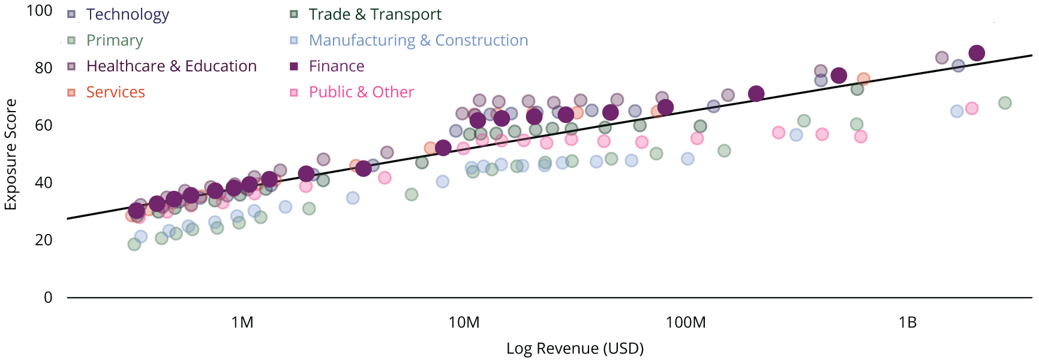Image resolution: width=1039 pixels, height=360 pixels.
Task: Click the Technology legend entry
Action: pos(127,14)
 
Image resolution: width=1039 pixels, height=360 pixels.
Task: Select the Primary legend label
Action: pos(115,40)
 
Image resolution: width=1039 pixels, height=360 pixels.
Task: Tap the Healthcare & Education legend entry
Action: pos(171,66)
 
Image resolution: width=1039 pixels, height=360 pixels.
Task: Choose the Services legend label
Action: pos(115,92)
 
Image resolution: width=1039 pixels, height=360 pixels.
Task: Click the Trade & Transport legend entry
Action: pos(374,14)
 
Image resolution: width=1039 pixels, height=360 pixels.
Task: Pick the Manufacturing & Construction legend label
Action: pos(418,40)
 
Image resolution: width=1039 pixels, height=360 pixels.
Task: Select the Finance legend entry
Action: pos(336,66)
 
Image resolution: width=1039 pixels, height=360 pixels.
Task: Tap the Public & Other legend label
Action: pos(361,92)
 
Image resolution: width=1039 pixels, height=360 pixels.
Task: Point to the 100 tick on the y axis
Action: pos(40,11)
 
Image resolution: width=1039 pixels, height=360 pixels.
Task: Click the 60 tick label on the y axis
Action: pos(44,125)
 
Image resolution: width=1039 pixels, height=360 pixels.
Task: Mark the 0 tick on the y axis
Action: pos(48,298)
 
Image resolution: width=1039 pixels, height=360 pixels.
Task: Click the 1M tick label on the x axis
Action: pos(242,323)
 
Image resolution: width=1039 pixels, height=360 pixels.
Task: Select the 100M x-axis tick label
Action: pos(686,323)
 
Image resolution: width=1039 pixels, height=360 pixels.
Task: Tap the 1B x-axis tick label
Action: pos(908,323)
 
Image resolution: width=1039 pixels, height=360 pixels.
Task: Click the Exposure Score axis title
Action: pos(11,154)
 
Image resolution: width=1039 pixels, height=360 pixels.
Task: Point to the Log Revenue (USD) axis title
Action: pos(575,349)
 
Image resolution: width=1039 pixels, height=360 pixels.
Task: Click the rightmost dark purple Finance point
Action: pos(977,53)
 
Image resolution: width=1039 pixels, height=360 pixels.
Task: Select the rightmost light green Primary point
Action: pos(1005,103)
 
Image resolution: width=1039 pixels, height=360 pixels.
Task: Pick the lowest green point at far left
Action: pos(134,244)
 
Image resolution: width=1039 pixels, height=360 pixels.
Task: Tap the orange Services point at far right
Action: pos(863,79)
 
